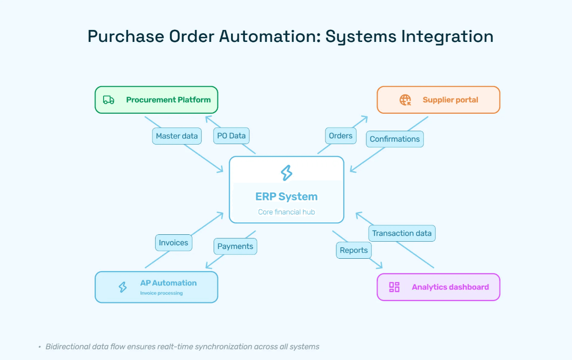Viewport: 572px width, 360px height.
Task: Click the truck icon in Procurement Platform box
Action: [x=109, y=100]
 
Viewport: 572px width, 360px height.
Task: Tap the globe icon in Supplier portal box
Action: [x=405, y=100]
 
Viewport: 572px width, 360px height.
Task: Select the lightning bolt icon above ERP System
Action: [x=287, y=173]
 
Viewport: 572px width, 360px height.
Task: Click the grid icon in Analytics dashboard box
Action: [x=394, y=287]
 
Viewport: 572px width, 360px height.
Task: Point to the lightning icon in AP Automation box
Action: [x=122, y=287]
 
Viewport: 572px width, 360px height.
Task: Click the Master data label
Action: [x=177, y=136]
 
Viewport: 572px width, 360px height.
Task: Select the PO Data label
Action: [x=231, y=136]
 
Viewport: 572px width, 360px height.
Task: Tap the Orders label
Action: [x=341, y=136]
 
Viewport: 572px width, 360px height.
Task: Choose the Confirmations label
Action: [x=395, y=139]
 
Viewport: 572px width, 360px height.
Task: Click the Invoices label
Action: [x=173, y=243]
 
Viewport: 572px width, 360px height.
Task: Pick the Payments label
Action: [x=235, y=246]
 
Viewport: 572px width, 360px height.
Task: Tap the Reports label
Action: [x=354, y=250]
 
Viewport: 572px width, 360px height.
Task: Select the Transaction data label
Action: [x=402, y=233]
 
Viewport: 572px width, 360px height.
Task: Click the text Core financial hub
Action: [x=287, y=212]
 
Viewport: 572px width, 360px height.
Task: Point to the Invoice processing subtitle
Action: [x=162, y=293]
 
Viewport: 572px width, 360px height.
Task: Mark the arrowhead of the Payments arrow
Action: [x=208, y=266]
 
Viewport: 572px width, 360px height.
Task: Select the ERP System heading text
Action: [x=287, y=197]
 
